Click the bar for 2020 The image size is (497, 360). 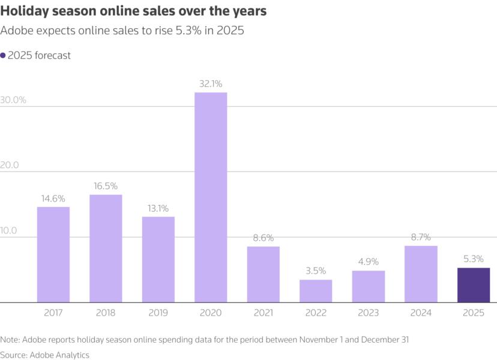tap(211, 197)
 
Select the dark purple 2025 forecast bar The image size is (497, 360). tap(474, 285)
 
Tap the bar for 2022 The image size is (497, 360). tap(316, 291)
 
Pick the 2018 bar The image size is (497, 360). tap(106, 248)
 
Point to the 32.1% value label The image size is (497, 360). tap(211, 84)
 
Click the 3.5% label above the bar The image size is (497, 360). tap(316, 271)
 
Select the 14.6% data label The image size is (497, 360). tap(53, 199)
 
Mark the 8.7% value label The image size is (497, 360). tap(421, 238)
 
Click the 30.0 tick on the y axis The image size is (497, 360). tap(13, 100)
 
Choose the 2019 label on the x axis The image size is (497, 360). tap(158, 313)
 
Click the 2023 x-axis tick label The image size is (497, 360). tap(369, 313)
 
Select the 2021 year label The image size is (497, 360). tap(264, 313)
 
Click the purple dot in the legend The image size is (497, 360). tap(3, 55)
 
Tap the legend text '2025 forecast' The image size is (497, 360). tap(39, 55)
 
